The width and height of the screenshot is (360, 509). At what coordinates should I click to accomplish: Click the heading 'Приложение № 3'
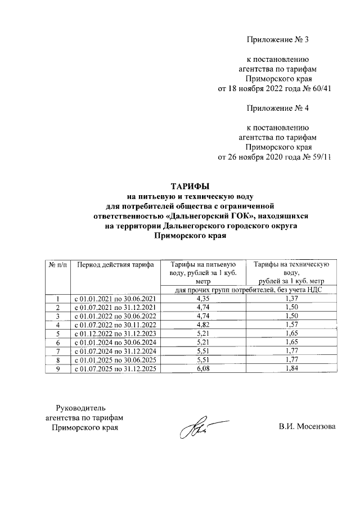(x=278, y=39)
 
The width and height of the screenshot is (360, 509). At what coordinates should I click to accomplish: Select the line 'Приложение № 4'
(x=278, y=107)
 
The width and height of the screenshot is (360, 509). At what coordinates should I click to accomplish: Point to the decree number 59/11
(x=318, y=156)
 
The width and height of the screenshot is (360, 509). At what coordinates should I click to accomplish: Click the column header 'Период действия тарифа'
(x=115, y=263)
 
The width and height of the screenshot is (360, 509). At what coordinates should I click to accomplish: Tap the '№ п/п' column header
(x=57, y=263)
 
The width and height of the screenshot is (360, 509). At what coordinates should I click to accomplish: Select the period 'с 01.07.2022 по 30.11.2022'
(x=115, y=325)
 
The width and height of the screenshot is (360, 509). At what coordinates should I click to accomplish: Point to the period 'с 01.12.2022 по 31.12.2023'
(x=115, y=334)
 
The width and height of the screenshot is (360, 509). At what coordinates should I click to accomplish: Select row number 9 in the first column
(x=57, y=368)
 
